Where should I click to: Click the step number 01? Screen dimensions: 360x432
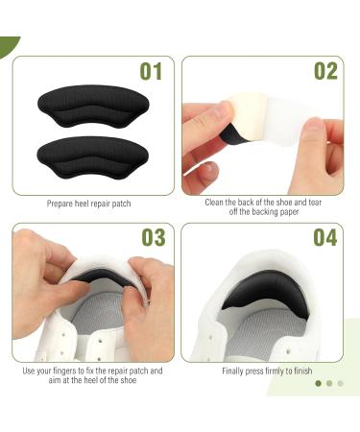(151, 71)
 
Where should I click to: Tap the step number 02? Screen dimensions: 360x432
(325, 71)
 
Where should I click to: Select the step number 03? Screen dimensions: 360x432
(154, 237)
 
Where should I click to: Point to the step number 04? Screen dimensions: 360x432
(325, 237)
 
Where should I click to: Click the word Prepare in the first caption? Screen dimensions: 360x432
(60, 204)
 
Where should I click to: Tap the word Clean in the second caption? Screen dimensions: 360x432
(214, 203)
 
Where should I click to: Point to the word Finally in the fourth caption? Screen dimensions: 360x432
(233, 372)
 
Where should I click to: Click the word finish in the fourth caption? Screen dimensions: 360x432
(302, 371)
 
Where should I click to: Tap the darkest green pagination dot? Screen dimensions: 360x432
(318, 383)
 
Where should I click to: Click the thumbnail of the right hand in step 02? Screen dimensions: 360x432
(314, 124)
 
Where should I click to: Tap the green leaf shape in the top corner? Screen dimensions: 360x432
(8, 45)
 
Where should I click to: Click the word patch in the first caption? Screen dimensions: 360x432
(122, 204)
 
